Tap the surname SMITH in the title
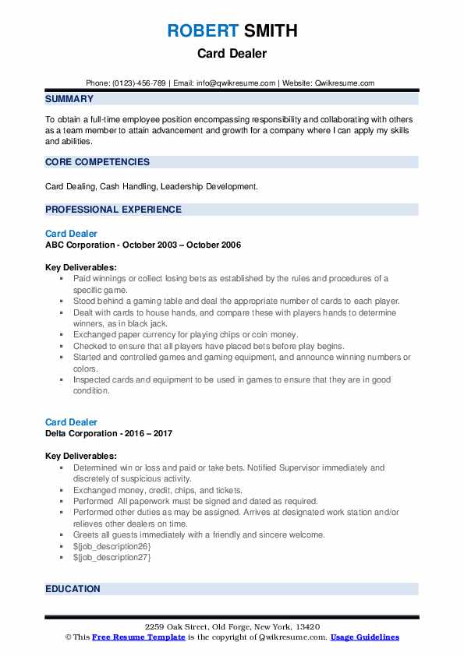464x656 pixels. point(270,31)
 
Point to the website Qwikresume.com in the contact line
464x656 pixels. point(345,83)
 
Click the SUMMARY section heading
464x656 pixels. point(69,99)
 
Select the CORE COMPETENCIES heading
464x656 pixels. point(97,162)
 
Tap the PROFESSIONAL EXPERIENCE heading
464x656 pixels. point(113,210)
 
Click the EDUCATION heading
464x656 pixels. point(73,589)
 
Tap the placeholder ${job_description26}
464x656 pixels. point(112,546)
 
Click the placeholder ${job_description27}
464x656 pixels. point(112,557)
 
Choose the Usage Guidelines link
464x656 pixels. point(365,637)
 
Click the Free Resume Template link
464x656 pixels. point(139,637)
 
